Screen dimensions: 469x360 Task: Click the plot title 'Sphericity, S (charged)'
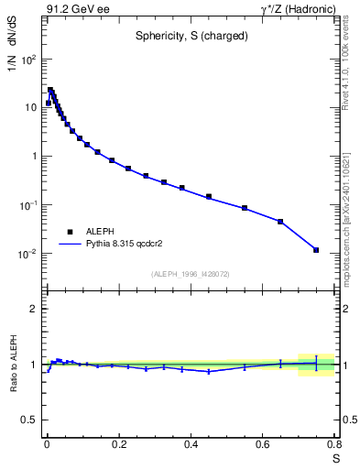coord(189,37)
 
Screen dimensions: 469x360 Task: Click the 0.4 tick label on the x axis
coord(191,446)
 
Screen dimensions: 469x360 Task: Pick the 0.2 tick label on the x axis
coord(118,446)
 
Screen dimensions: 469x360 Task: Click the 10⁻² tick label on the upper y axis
coord(27,254)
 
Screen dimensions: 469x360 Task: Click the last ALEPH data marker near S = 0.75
coord(316,250)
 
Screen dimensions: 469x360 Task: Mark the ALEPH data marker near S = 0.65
coord(280,222)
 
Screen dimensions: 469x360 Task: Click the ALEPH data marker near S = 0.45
coord(209,196)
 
